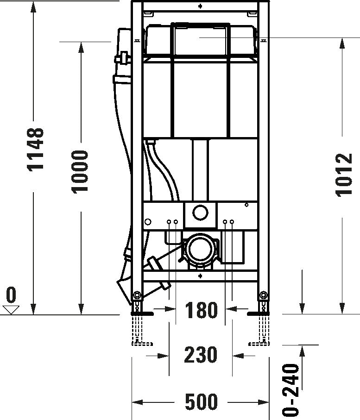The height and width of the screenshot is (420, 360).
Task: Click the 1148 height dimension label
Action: (x=36, y=149)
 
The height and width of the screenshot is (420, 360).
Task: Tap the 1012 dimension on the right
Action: (x=344, y=175)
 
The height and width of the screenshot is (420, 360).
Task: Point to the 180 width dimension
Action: (x=201, y=310)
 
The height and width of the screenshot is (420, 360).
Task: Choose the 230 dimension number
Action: (x=201, y=355)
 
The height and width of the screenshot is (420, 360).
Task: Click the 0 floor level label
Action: (x=11, y=295)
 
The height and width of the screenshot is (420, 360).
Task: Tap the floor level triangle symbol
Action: (x=11, y=309)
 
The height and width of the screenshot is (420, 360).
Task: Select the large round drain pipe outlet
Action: (x=200, y=251)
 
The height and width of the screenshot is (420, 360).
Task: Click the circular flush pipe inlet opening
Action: (x=200, y=213)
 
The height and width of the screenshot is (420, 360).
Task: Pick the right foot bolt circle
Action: (x=264, y=295)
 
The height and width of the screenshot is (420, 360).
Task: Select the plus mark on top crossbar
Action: (x=200, y=6)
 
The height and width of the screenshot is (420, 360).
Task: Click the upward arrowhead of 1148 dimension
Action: (x=34, y=6)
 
